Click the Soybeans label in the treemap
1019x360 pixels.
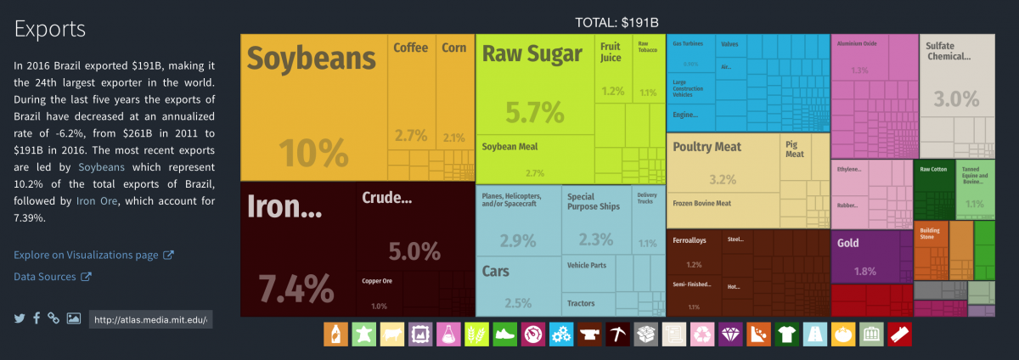pyautogui.click(x=311, y=59)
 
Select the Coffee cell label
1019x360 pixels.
pyautogui.click(x=410, y=48)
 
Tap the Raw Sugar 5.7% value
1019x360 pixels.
pyautogui.click(x=534, y=111)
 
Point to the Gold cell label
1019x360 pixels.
pyautogui.click(x=847, y=243)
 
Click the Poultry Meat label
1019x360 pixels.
pyautogui.click(x=707, y=147)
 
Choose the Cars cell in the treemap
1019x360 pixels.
pyautogui.click(x=496, y=272)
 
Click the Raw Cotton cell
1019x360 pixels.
pyautogui.click(x=933, y=170)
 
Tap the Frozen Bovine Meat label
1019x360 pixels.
pyautogui.click(x=701, y=204)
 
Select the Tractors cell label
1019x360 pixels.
pyautogui.click(x=581, y=303)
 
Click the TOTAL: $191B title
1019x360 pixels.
pyautogui.click(x=617, y=22)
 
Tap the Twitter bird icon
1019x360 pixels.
pyautogui.click(x=20, y=318)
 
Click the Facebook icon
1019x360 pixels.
pyautogui.click(x=37, y=318)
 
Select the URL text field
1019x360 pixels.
pyautogui.click(x=150, y=319)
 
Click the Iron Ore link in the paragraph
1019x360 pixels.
pyautogui.click(x=97, y=201)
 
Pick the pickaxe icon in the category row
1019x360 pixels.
pyautogui.click(x=617, y=334)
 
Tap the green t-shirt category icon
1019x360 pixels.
pyautogui.click(x=786, y=334)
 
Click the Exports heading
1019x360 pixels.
pyautogui.click(x=50, y=29)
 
